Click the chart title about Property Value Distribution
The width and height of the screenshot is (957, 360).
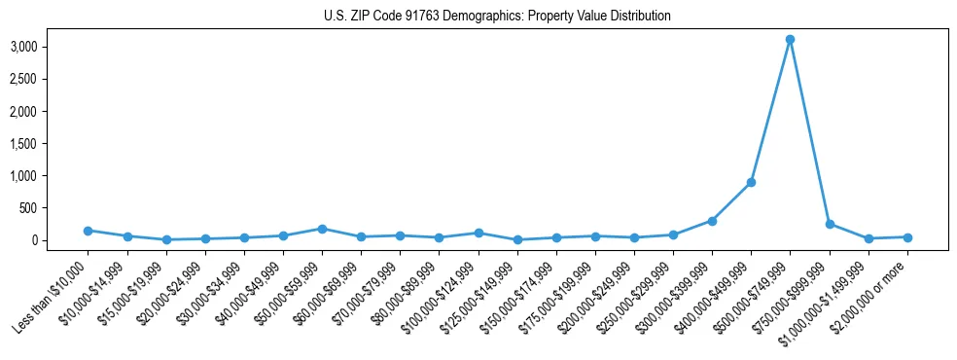[x=497, y=17]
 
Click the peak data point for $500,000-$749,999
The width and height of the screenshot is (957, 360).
[x=790, y=40]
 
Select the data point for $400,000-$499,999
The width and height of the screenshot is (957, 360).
[x=751, y=182]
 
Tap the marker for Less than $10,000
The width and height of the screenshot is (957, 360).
[x=88, y=231]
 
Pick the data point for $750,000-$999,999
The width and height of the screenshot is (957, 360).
[x=829, y=224]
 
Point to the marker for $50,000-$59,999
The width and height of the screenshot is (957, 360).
[x=322, y=229]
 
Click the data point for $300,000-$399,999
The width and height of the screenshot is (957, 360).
[x=712, y=221]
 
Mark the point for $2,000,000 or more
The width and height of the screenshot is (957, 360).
[x=907, y=237]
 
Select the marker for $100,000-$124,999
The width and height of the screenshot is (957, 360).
[x=478, y=233]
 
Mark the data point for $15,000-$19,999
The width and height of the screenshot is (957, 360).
[x=166, y=239]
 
